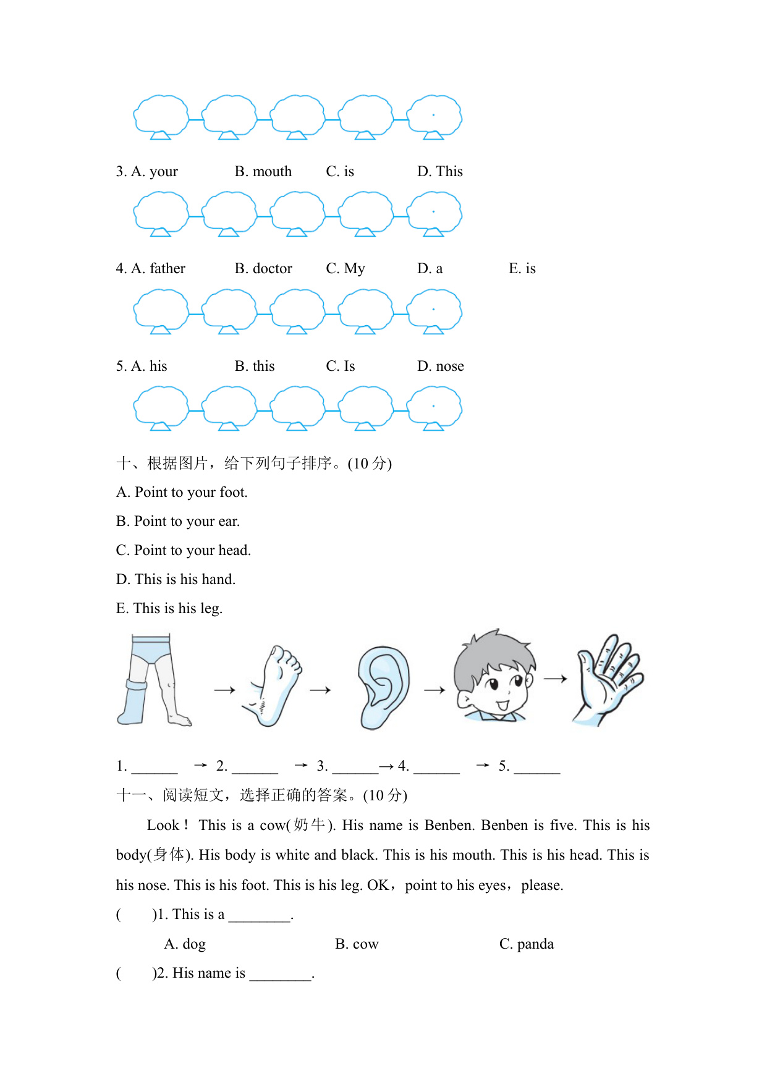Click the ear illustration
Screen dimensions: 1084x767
pos(384,687)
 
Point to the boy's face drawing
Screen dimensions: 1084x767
pos(494,677)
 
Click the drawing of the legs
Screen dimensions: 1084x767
pos(153,680)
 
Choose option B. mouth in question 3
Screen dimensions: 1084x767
pos(263,172)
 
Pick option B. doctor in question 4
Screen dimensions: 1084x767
pos(263,269)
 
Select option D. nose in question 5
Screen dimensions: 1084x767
pos(440,366)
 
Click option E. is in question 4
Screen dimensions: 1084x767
pos(522,269)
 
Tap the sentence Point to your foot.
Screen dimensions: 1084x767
pos(182,493)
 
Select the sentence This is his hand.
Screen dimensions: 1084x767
pos(176,580)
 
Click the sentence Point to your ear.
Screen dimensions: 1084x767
pos(178,522)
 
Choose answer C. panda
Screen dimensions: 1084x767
pos(526,944)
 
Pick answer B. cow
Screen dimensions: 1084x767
pos(357,944)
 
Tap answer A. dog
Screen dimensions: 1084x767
pos(185,944)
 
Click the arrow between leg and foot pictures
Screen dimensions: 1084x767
pos(224,690)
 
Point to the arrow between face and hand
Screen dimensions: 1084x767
pos(555,679)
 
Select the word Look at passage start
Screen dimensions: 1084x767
pos(163,826)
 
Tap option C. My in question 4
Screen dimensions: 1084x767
pos(345,269)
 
